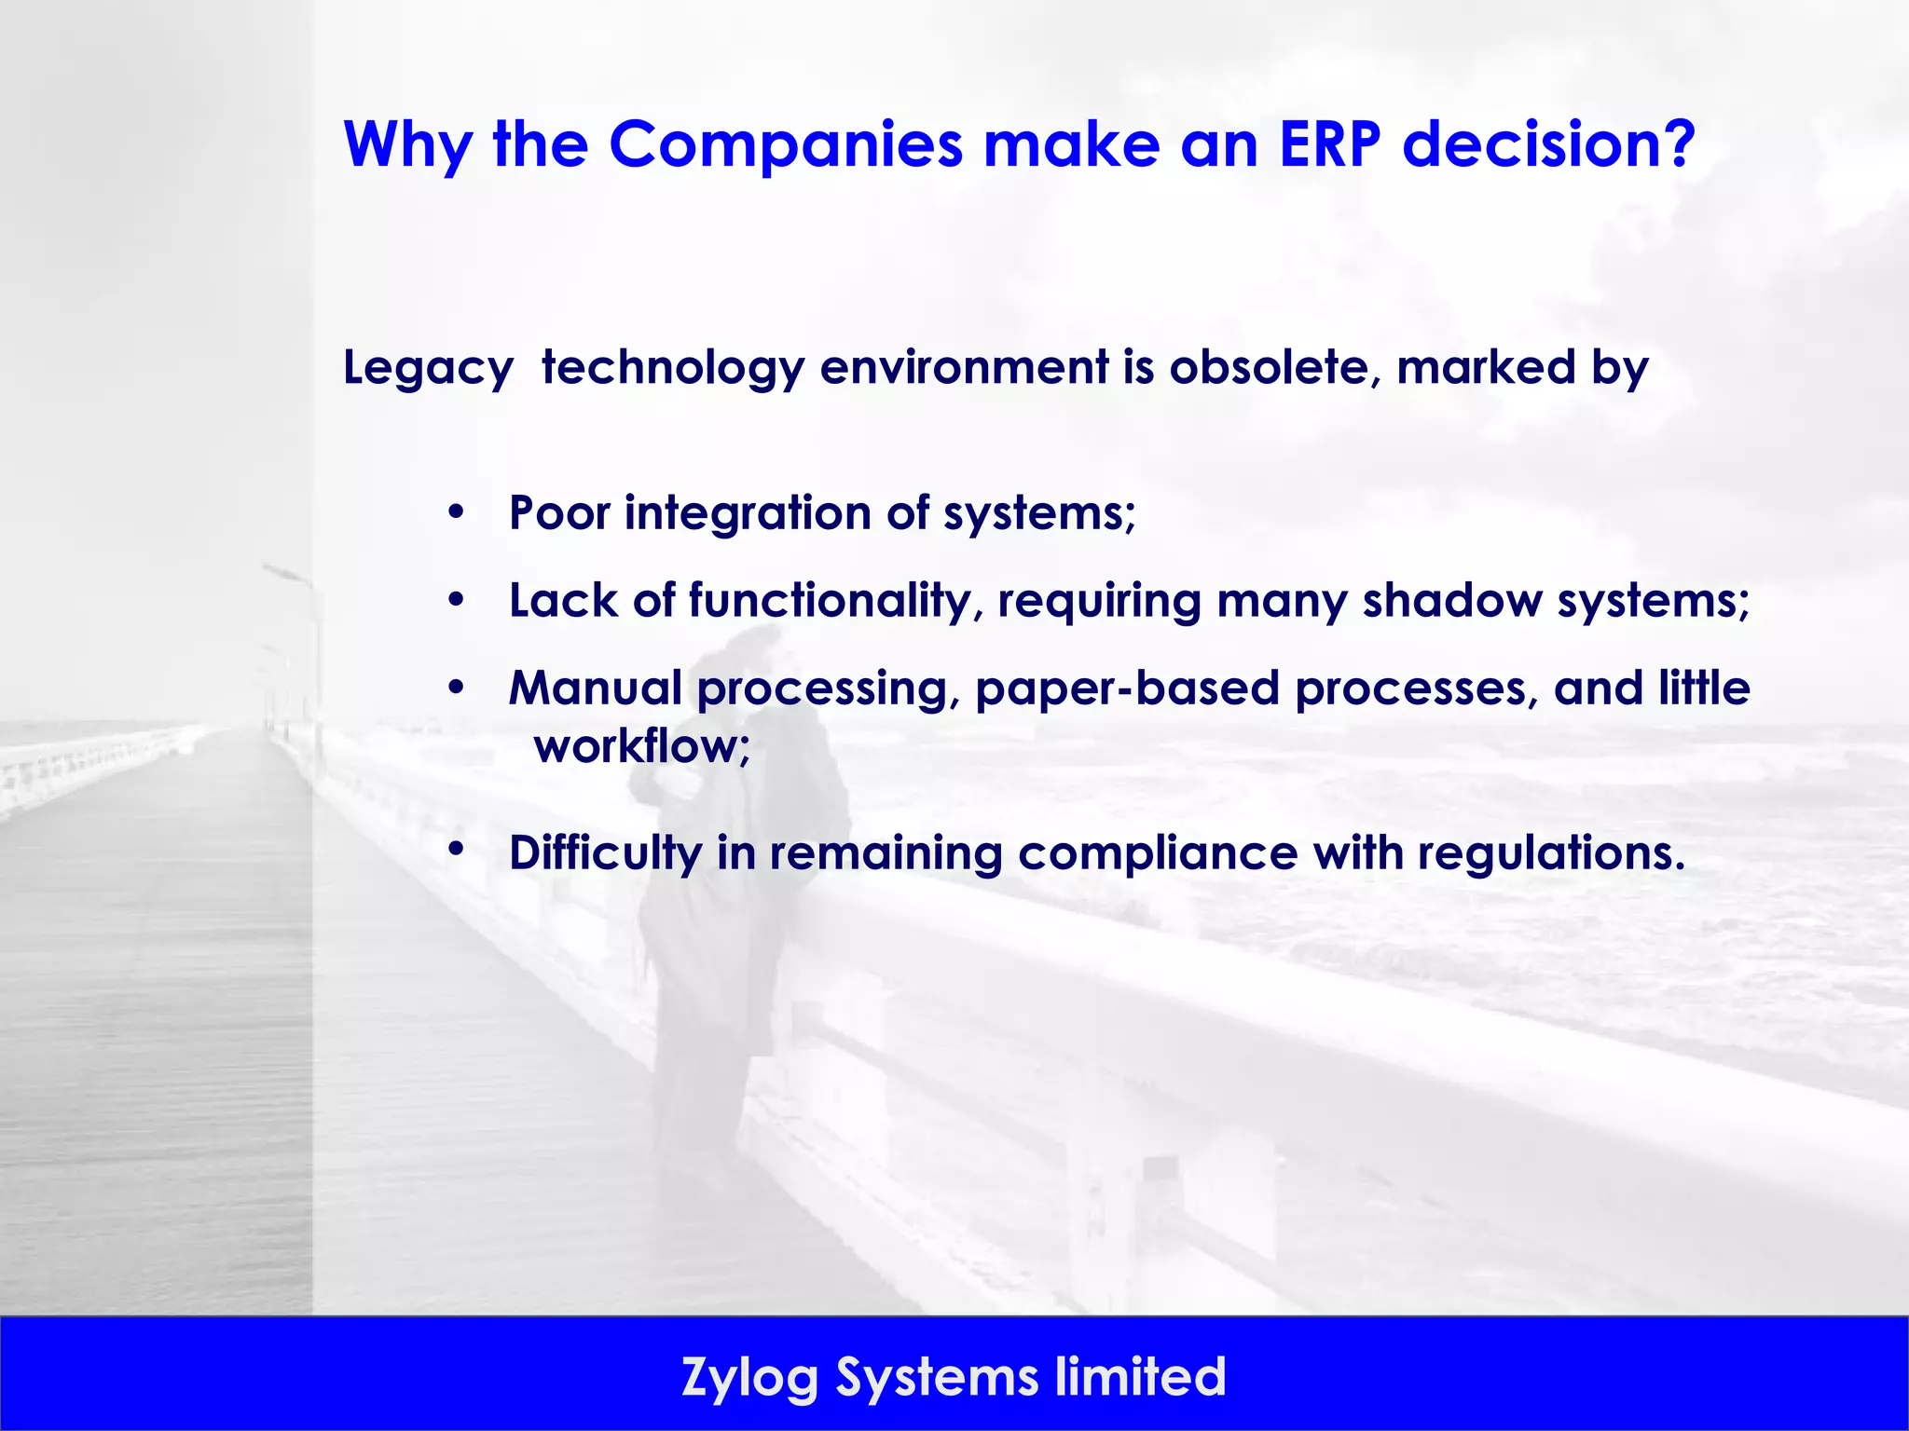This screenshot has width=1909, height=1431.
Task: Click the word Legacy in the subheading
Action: pos(428,369)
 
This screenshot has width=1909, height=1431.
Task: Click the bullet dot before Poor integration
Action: pos(455,512)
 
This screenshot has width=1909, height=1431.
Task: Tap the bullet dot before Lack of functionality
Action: pos(455,600)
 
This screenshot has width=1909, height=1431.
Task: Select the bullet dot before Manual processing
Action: pos(455,688)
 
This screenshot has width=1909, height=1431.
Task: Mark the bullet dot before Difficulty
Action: pos(455,849)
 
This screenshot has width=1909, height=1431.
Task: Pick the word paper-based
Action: pos(1127,688)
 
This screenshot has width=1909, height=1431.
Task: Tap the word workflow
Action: pos(640,746)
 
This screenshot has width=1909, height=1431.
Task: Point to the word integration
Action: pos(748,513)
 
